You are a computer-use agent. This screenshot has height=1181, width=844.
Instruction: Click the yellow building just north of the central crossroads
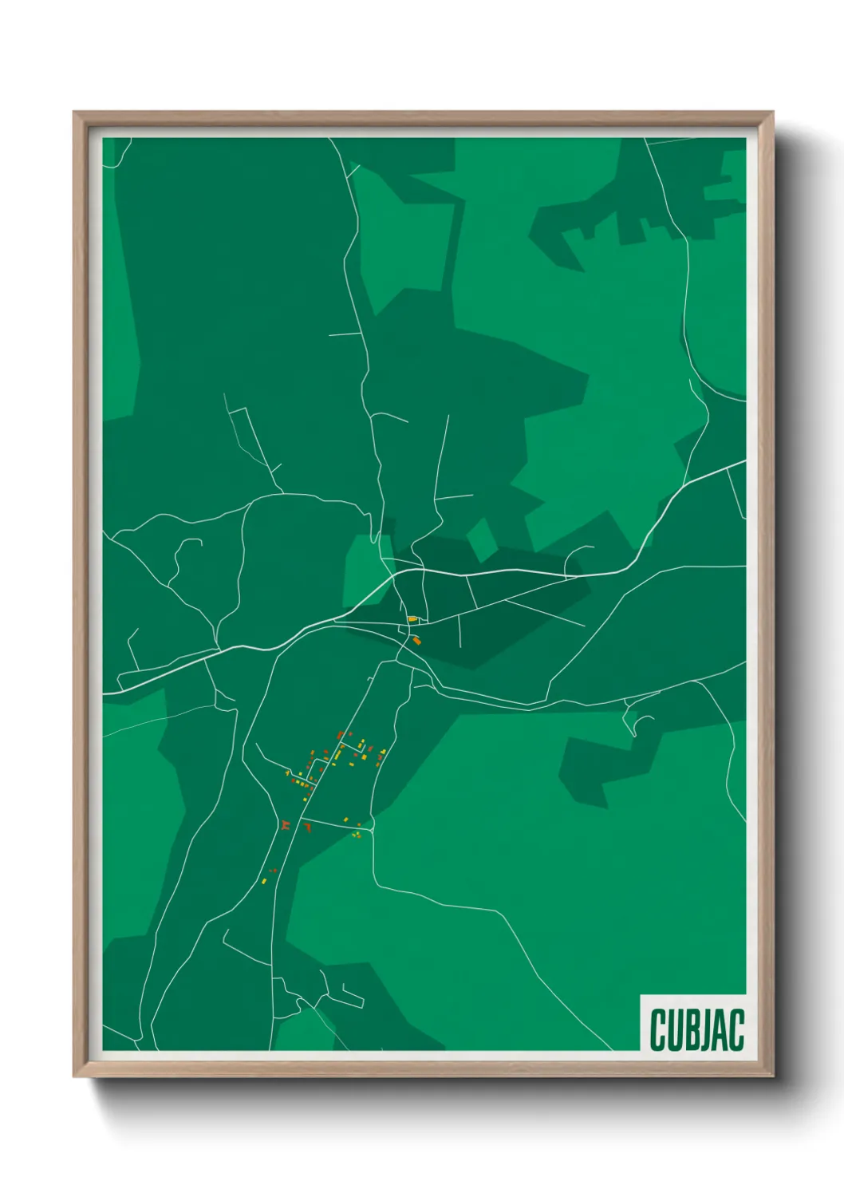click(412, 618)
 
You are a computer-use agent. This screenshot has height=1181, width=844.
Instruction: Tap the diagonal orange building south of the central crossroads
click(416, 639)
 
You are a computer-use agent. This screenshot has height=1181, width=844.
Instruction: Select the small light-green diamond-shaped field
click(481, 539)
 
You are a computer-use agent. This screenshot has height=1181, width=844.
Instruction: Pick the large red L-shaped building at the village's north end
click(340, 734)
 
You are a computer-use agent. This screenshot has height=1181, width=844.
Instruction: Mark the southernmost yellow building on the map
click(264, 880)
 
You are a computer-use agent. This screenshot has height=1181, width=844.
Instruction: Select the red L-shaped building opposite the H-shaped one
click(306, 827)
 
